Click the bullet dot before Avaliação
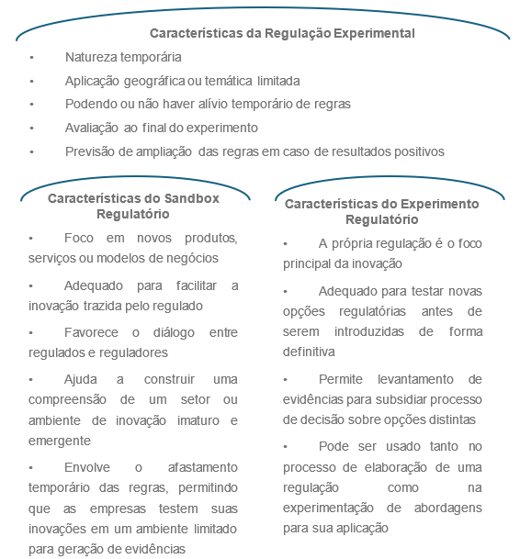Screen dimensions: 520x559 click(32, 129)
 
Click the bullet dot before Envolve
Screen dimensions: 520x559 click(32, 466)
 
